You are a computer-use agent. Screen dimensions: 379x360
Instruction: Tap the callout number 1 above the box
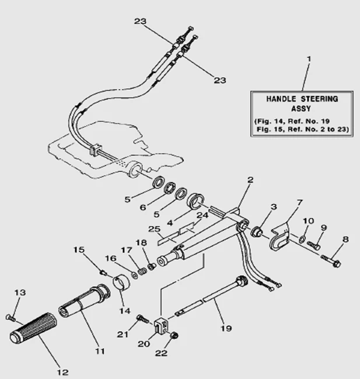[309, 59]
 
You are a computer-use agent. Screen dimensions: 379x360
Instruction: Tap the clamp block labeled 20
[163, 325]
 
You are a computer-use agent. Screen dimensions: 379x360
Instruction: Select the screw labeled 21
[142, 318]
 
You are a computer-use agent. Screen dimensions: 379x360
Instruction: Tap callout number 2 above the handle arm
[250, 180]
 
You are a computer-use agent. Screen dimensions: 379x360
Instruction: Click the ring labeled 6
[169, 189]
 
